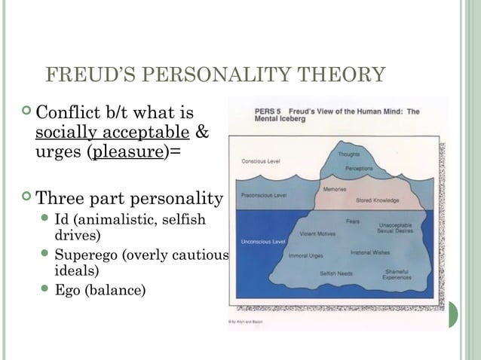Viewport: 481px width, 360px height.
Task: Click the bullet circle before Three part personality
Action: [x=28, y=199]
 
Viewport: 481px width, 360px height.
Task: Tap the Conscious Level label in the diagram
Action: [x=259, y=160]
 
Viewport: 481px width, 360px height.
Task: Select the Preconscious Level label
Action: [x=263, y=195]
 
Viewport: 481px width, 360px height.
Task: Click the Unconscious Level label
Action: [x=262, y=242]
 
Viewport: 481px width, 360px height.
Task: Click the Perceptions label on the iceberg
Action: [x=358, y=168]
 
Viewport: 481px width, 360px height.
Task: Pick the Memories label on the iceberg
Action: [x=334, y=188]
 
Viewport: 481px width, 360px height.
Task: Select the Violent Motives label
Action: [x=317, y=233]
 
